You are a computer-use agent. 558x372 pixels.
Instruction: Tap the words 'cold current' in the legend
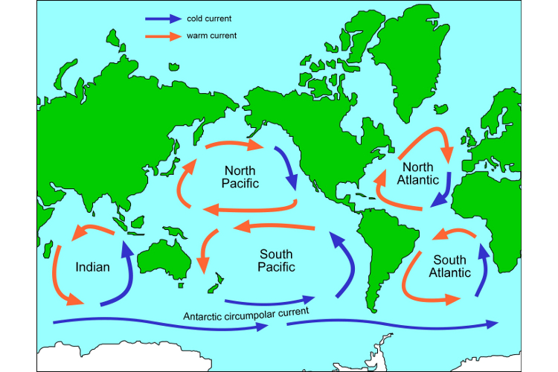click(x=209, y=18)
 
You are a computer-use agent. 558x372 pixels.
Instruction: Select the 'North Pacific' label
click(x=240, y=176)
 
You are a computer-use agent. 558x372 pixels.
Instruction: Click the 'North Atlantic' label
click(x=413, y=173)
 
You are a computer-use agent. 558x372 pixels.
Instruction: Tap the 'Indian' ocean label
click(x=93, y=266)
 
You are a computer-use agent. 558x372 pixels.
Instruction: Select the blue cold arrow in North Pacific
click(x=287, y=167)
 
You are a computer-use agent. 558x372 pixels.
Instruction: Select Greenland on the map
click(x=420, y=60)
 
